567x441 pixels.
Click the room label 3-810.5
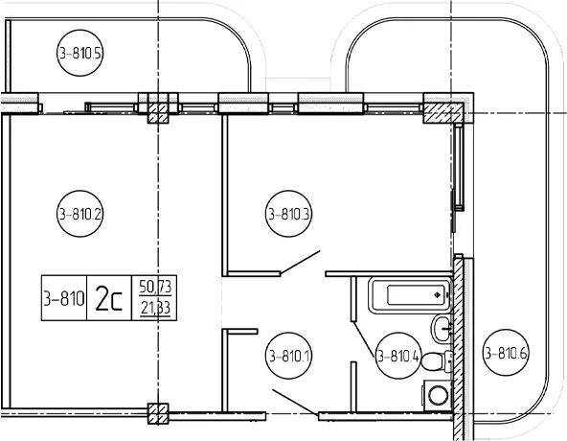pos(79,54)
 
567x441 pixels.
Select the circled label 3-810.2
pos(79,214)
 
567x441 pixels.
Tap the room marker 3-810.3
pos(288,214)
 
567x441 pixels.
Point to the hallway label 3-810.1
pos(288,356)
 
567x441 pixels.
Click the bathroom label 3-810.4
pos(398,357)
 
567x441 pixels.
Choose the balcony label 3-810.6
pos(506,352)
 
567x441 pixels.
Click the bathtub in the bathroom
pos(410,294)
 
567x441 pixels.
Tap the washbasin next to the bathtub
pos(441,329)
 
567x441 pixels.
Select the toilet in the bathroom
pos(437,361)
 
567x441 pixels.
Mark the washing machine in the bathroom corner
pos(437,395)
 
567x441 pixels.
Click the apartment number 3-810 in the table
pos(64,298)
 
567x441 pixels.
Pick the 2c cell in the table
pos(109,298)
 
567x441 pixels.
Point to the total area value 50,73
pos(155,287)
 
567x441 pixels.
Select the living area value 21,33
pos(155,308)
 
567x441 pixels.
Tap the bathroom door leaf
pos(364,339)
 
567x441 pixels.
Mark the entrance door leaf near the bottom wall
pos(295,402)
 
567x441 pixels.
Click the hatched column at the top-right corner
pos(443,112)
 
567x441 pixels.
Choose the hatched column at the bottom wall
pos(158,414)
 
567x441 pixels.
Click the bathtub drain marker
pos(438,295)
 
